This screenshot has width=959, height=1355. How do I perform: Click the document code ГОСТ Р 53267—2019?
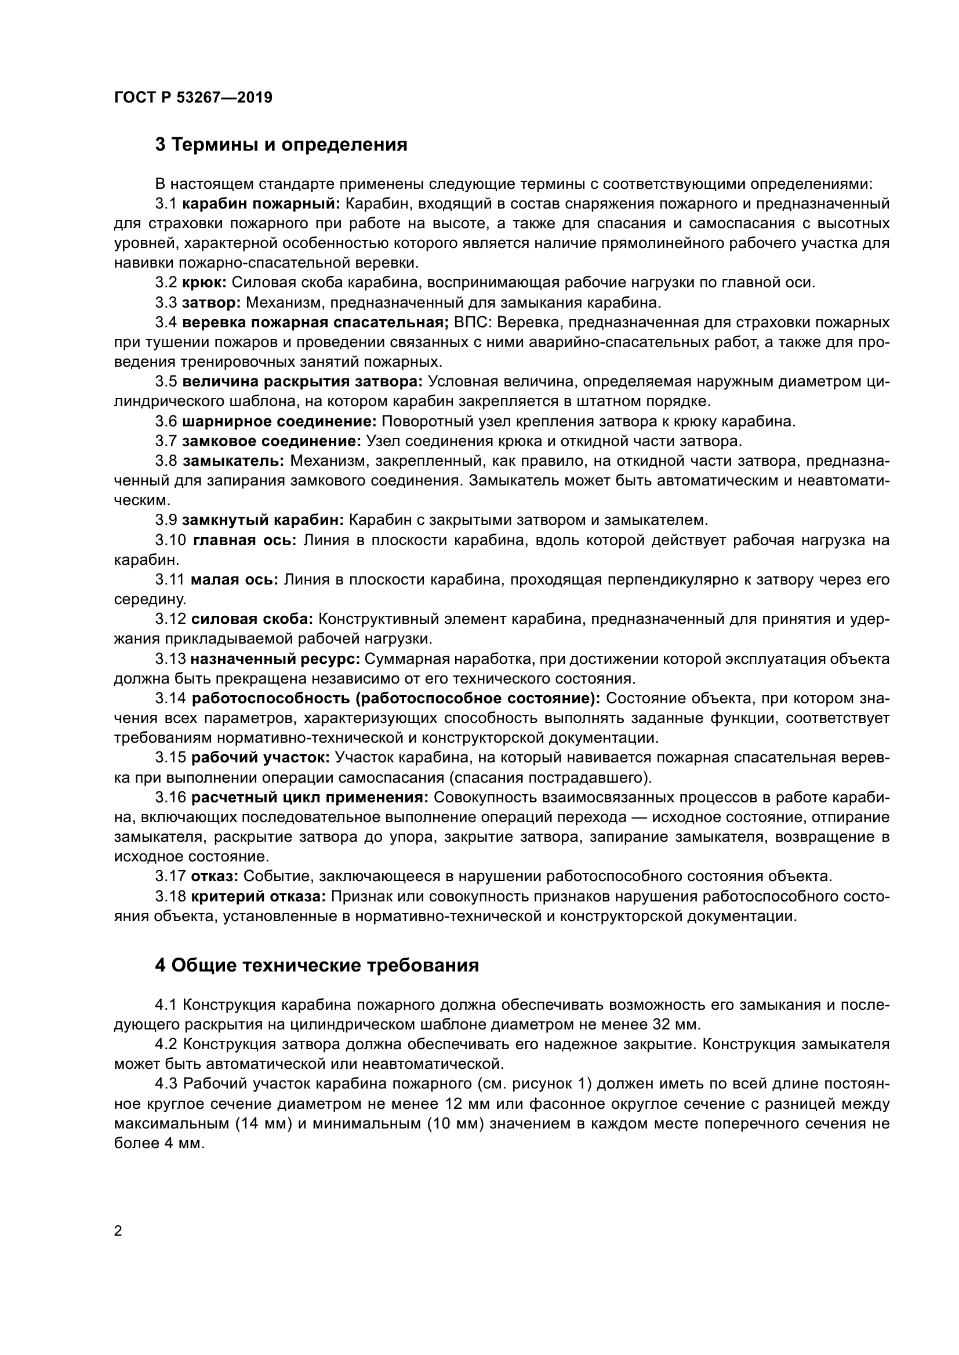point(193,98)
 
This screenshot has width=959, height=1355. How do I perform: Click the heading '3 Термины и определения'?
point(281,145)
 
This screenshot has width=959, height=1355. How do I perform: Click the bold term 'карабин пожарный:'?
point(261,204)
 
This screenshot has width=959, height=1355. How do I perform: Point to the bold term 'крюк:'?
point(204,283)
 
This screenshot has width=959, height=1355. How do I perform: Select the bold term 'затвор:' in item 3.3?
point(211,304)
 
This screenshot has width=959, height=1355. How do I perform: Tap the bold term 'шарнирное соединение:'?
point(279,422)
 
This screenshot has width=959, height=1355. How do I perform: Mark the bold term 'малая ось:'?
point(234,580)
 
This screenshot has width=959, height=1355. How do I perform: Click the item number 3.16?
point(170,798)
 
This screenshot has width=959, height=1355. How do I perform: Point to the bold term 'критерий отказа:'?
point(258,897)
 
